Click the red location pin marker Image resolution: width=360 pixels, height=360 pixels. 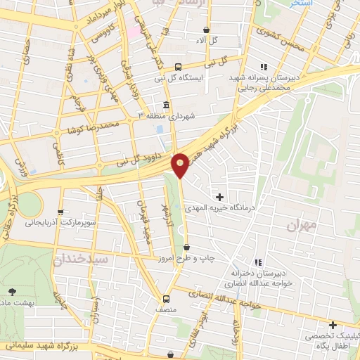pyautogui.click(x=181, y=164)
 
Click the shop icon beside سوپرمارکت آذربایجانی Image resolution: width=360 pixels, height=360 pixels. pyautogui.click(x=60, y=212)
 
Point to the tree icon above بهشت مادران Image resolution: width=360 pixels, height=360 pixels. pyautogui.click(x=12, y=290)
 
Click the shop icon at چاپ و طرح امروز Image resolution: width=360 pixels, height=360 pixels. pyautogui.click(x=186, y=247)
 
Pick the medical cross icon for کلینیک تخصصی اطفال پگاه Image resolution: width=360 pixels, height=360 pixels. pyautogui.click(x=333, y=325)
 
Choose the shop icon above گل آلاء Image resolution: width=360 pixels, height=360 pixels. pyautogui.click(x=205, y=30)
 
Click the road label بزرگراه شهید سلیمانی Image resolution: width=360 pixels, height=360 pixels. pyautogui.click(x=51, y=346)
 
